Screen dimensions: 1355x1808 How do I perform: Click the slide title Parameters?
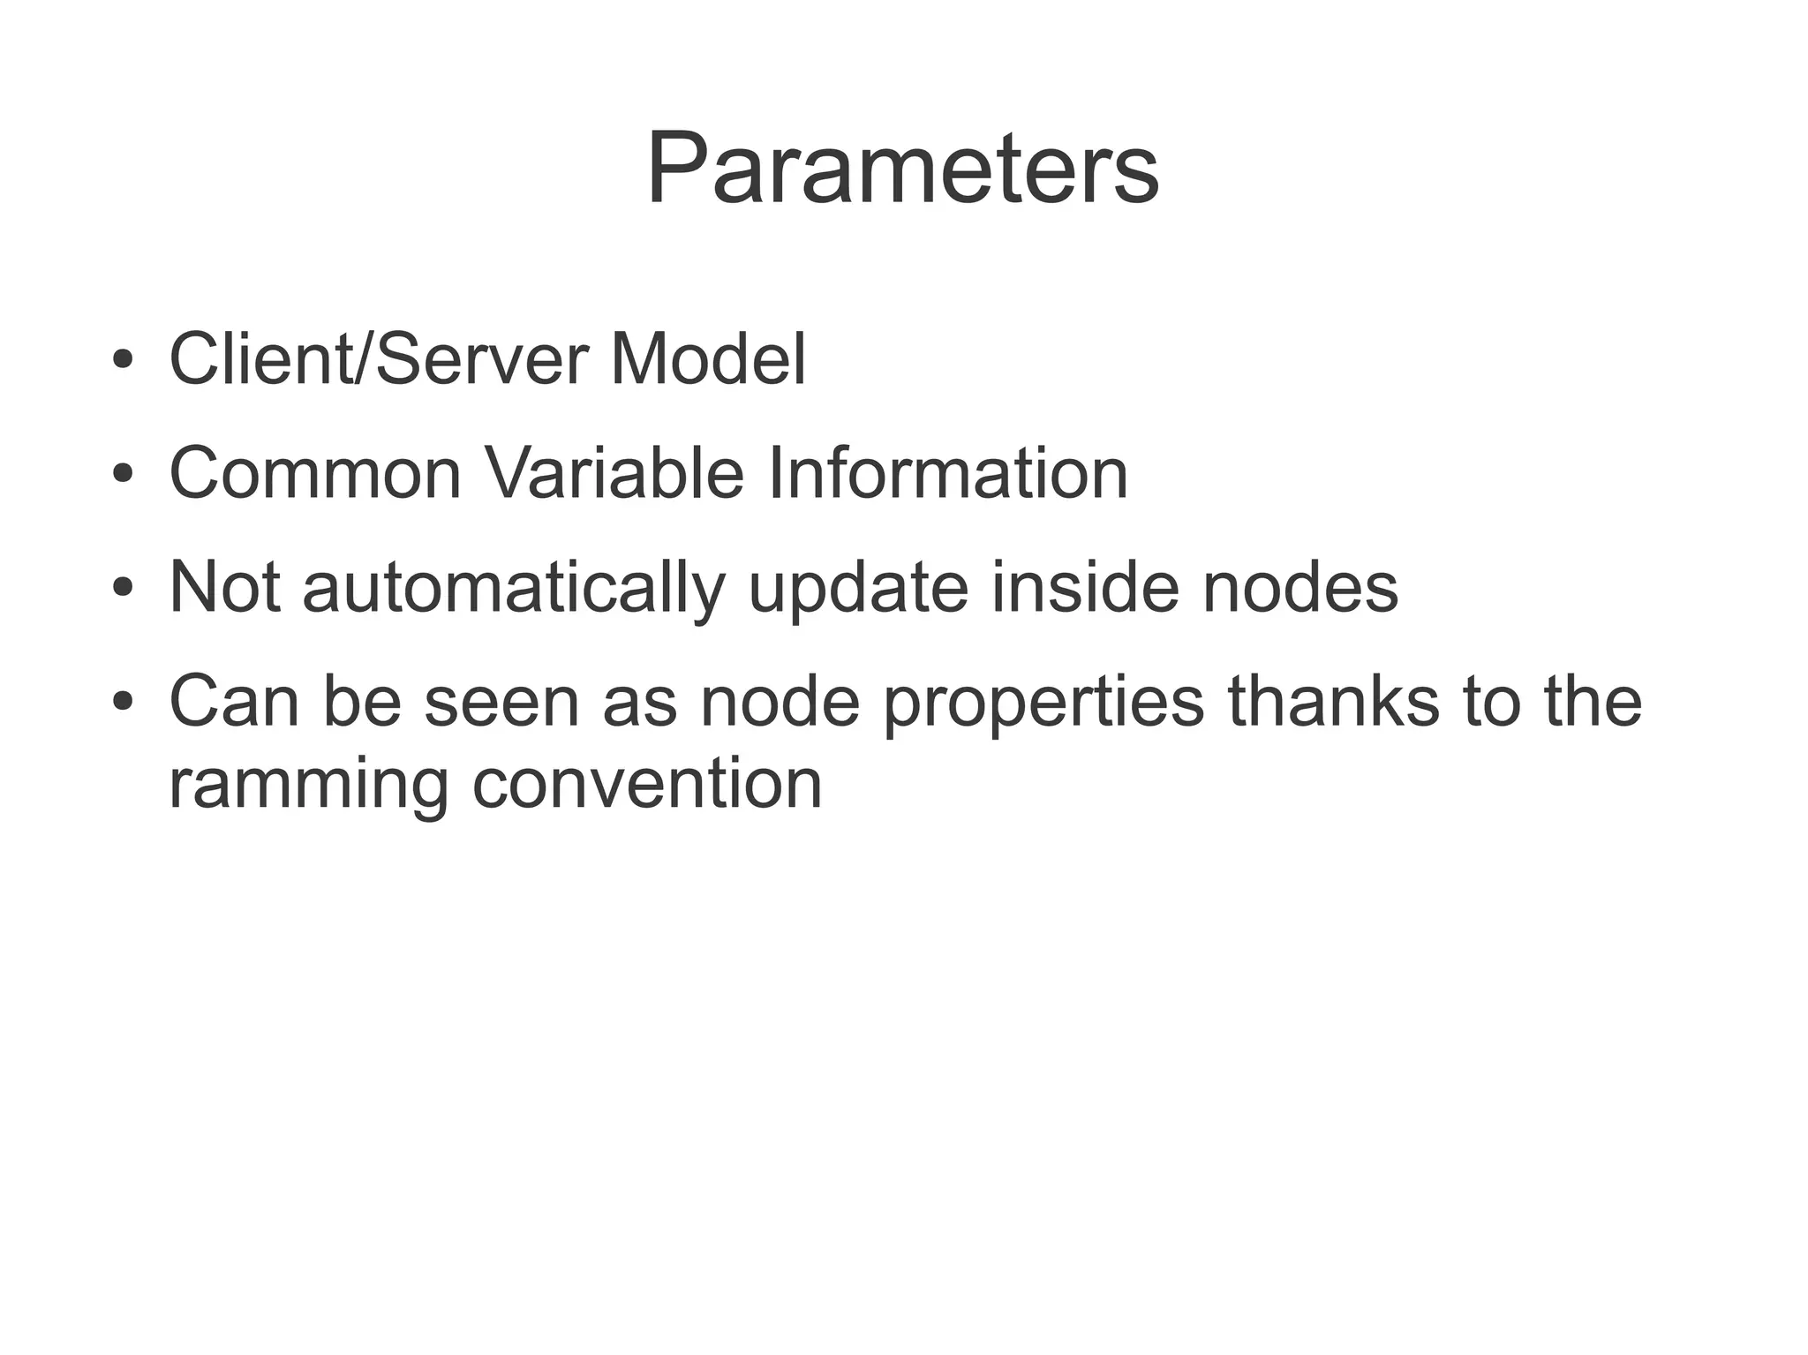902,169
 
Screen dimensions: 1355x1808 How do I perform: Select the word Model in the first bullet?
707,360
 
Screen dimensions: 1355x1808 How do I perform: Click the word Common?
315,474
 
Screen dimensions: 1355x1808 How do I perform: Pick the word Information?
948,474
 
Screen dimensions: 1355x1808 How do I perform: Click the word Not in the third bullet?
224,587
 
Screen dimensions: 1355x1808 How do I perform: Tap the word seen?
501,703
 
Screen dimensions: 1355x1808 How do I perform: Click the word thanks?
1334,701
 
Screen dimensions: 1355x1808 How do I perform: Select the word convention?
647,784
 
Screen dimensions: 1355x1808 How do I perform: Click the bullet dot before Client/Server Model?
123,361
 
